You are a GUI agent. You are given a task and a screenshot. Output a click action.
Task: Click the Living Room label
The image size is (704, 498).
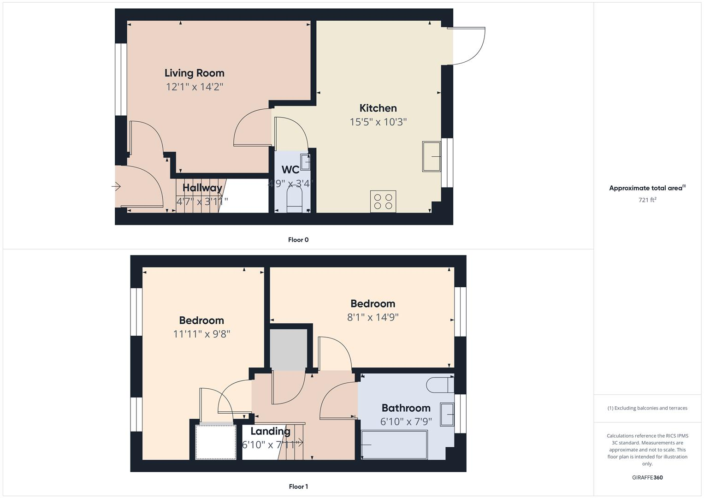pos(194,73)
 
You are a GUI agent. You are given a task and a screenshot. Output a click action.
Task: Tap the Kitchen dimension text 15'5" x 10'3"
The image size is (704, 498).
pos(378,122)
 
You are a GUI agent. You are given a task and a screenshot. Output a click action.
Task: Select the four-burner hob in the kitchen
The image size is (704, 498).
pos(383,202)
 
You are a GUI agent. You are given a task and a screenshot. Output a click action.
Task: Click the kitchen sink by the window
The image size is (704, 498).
pos(432,157)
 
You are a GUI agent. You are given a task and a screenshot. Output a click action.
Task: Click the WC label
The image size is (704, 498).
pos(290,170)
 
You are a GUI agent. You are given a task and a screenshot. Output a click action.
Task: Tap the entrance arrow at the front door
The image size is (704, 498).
pos(116,187)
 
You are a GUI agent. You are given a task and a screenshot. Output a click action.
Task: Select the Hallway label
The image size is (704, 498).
pos(202,188)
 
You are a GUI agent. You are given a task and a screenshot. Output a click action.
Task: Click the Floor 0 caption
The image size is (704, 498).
pos(298,240)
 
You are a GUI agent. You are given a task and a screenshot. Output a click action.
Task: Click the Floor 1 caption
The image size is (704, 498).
pos(298,486)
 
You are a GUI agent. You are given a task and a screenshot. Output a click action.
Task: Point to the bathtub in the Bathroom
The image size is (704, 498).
pos(395,445)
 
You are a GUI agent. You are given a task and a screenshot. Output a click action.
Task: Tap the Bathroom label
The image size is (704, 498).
pos(406,408)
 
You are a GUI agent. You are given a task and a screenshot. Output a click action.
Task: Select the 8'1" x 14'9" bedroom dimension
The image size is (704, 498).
pos(373,317)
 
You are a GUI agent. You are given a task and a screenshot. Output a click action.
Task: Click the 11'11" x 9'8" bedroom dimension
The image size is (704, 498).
pos(201,334)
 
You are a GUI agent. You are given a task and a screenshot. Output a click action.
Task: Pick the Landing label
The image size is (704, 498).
pos(270,431)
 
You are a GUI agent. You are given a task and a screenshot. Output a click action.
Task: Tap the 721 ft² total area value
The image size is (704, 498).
pos(647,200)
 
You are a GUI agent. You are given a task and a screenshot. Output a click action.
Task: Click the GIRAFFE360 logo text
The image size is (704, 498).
pos(647,478)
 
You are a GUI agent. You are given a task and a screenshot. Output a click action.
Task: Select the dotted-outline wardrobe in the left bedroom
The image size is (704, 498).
pos(216,442)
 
